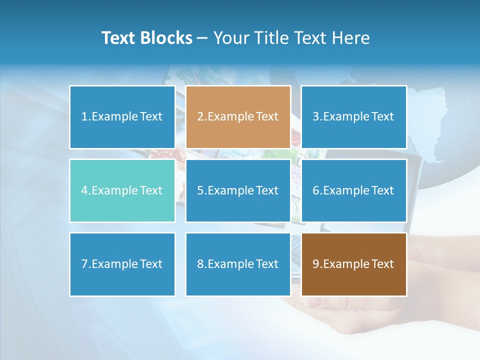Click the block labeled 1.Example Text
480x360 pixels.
[x=122, y=117]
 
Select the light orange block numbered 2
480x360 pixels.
[x=238, y=117]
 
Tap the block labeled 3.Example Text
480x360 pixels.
[x=353, y=117]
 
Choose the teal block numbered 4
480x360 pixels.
[x=122, y=190]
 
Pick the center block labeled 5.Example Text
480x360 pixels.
[x=238, y=190]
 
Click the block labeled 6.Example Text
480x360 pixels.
[x=353, y=190]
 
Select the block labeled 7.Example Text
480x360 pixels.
[x=122, y=264]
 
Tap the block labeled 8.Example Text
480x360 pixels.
[x=238, y=264]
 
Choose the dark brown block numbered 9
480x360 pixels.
[x=353, y=264]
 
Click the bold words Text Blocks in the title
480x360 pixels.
[x=147, y=38]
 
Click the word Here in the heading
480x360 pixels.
[x=352, y=38]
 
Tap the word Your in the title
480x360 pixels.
[x=231, y=38]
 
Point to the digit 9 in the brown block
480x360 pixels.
[x=316, y=264]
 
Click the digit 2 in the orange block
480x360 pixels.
[x=200, y=117]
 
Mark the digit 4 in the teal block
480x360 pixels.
[x=84, y=190]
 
